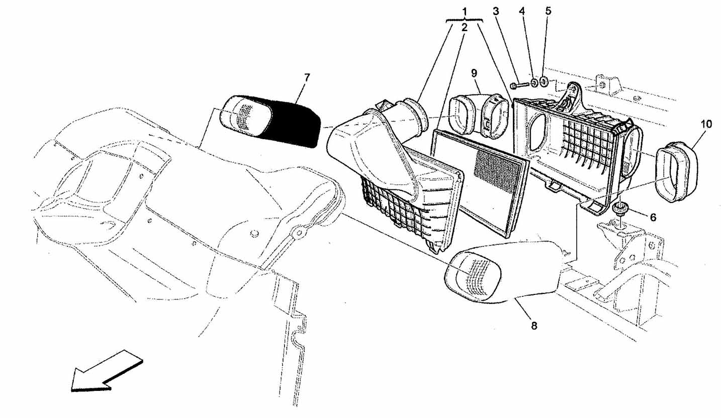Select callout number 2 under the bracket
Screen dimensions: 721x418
(464, 28)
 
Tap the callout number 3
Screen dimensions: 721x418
(496, 12)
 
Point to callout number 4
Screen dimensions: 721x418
(522, 11)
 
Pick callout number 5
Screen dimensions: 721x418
(548, 11)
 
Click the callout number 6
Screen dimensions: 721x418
(653, 218)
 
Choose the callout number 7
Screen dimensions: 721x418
(307, 77)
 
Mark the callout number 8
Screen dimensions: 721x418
(534, 326)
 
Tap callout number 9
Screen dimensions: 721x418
(474, 73)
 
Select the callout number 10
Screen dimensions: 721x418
(706, 125)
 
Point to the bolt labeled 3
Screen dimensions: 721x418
(519, 85)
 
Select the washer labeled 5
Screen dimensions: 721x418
(544, 82)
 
